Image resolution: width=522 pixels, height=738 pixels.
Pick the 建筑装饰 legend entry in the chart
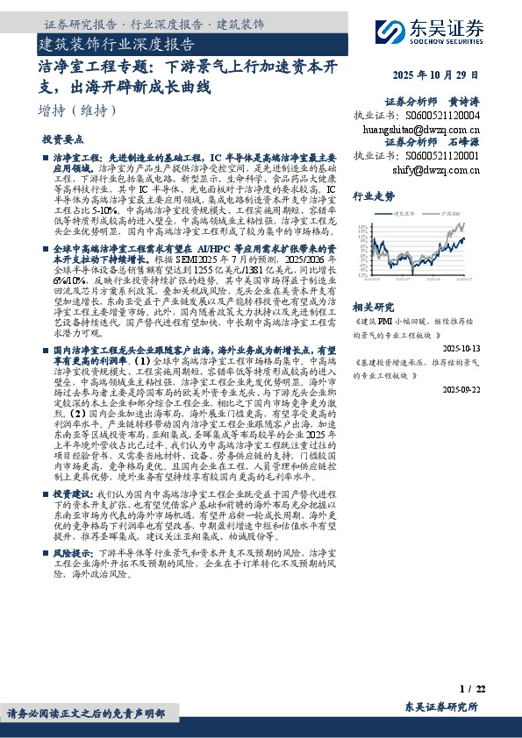[x=405, y=213]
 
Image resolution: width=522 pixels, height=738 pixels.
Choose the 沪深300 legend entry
[x=453, y=213]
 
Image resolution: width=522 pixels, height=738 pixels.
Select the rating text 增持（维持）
[x=79, y=110]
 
